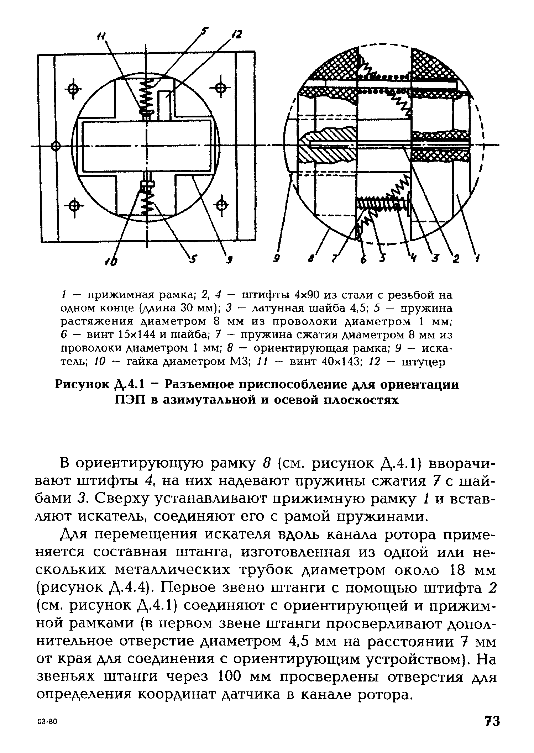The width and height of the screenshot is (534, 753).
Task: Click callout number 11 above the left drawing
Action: (x=101, y=36)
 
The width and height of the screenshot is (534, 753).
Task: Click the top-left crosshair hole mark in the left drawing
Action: (x=73, y=89)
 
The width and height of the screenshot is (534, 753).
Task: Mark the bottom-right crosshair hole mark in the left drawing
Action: (x=222, y=205)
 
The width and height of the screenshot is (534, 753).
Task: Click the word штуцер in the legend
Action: (x=423, y=362)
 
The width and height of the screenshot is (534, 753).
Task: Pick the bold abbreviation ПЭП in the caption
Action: (x=131, y=400)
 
